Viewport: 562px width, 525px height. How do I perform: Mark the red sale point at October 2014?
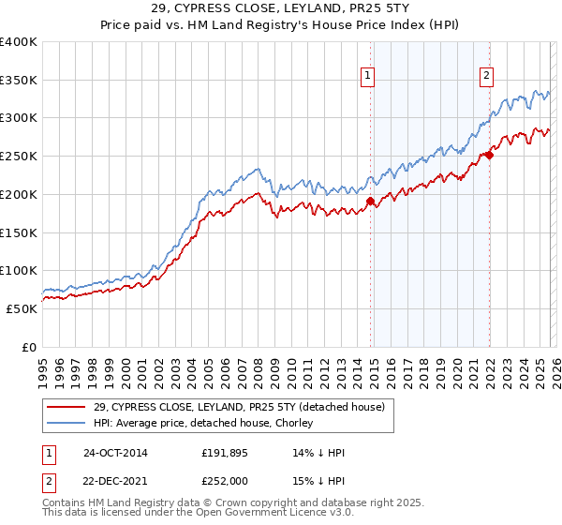point(370,201)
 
